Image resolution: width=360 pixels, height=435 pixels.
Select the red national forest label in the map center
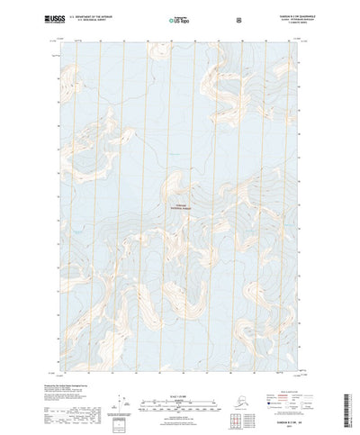180,205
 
